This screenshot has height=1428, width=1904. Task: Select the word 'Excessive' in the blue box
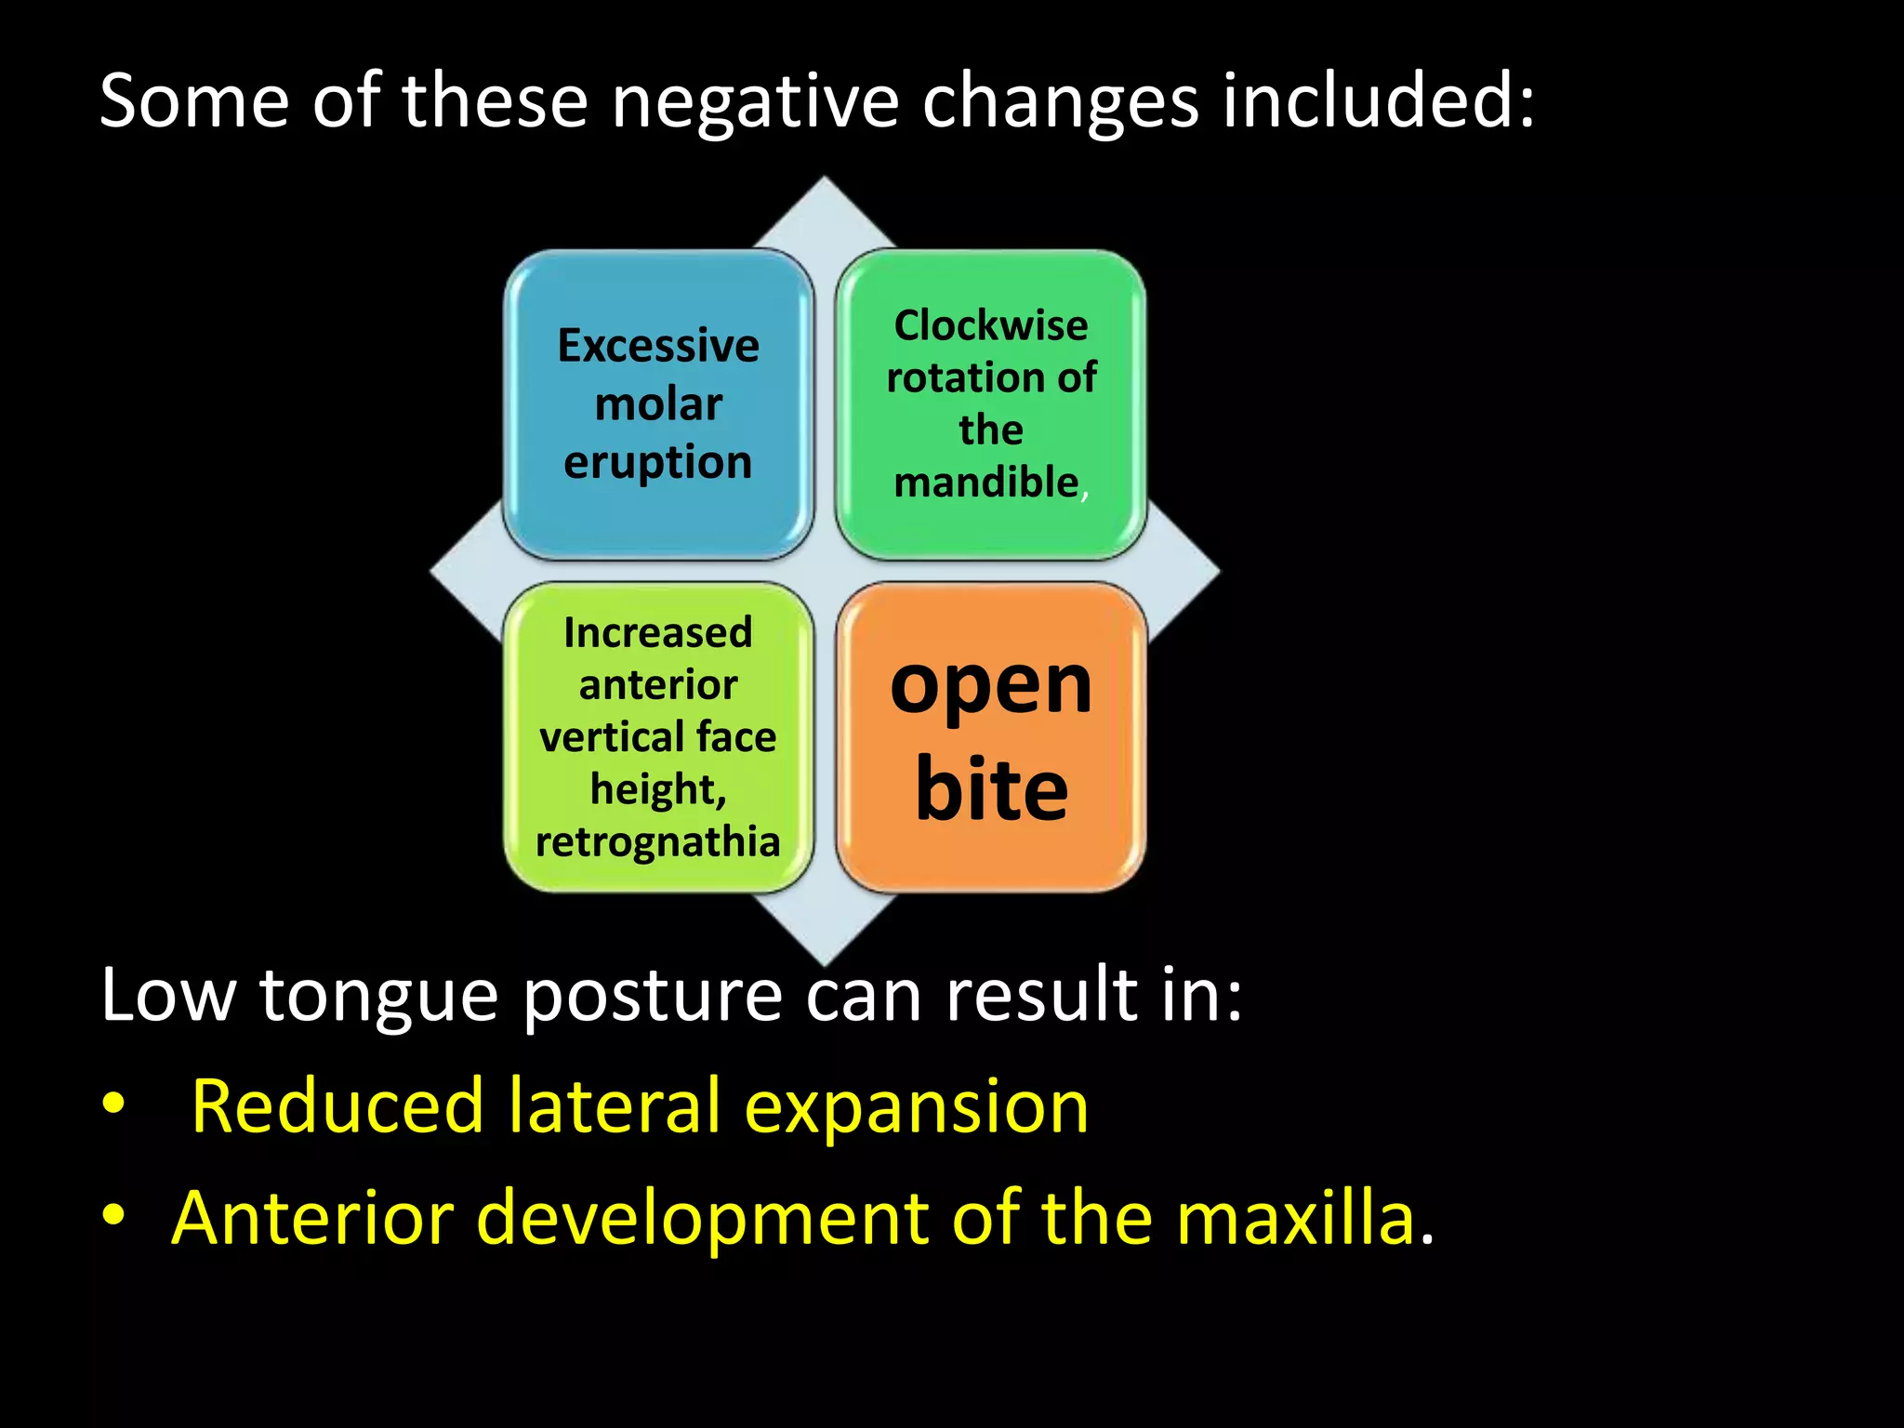[x=658, y=346]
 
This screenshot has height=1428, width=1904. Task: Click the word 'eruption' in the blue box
[x=658, y=463]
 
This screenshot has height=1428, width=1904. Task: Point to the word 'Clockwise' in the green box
[x=991, y=325]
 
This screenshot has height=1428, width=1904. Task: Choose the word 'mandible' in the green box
[x=986, y=483]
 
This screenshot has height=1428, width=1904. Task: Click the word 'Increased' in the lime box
[x=658, y=633]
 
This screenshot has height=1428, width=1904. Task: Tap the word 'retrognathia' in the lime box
[x=658, y=841]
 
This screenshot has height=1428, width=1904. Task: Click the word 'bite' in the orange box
[x=991, y=789]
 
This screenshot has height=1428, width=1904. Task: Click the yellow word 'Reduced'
[x=337, y=1106]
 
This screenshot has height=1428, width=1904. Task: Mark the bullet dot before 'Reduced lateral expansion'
[x=113, y=1104]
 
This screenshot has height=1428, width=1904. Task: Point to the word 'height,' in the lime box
[x=658, y=790]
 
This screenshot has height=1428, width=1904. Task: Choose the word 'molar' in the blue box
[x=658, y=404]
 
